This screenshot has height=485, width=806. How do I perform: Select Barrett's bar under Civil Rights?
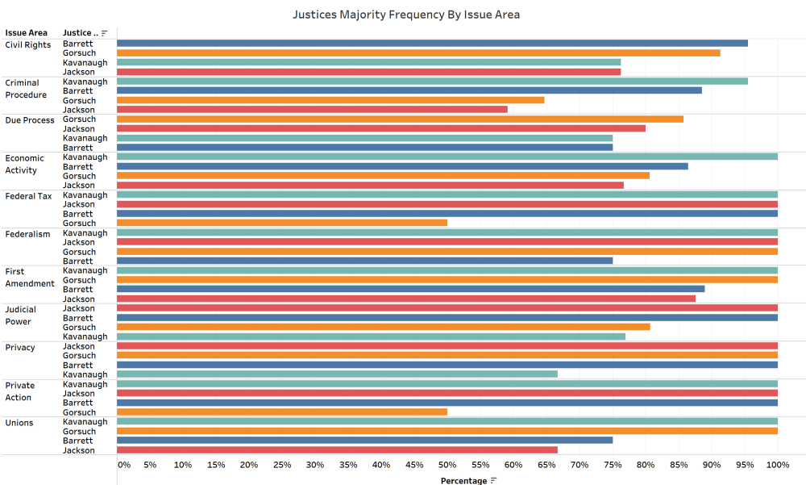[432, 44]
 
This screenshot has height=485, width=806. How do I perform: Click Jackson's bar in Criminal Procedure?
[312, 110]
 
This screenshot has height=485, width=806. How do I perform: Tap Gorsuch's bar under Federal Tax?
[282, 223]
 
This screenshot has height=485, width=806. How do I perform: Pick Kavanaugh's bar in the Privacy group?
[337, 374]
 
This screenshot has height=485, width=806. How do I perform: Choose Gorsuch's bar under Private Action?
[282, 412]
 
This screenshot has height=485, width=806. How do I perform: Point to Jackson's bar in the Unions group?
[337, 450]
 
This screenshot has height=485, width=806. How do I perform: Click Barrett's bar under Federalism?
[364, 261]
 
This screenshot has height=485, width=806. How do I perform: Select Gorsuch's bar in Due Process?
[400, 119]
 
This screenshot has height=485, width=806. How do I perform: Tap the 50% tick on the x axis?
[447, 465]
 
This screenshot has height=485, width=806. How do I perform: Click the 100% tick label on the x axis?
[777, 465]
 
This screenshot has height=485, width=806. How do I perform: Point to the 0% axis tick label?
[124, 465]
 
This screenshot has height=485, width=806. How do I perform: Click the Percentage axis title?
[463, 481]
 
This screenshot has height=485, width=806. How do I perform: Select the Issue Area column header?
[26, 33]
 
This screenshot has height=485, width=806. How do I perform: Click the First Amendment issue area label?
[30, 278]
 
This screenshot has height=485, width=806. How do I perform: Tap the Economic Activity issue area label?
[25, 164]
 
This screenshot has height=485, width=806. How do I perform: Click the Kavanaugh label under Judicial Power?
[85, 337]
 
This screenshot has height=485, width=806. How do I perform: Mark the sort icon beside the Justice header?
[105, 33]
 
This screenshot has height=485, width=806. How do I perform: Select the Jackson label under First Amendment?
[79, 299]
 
